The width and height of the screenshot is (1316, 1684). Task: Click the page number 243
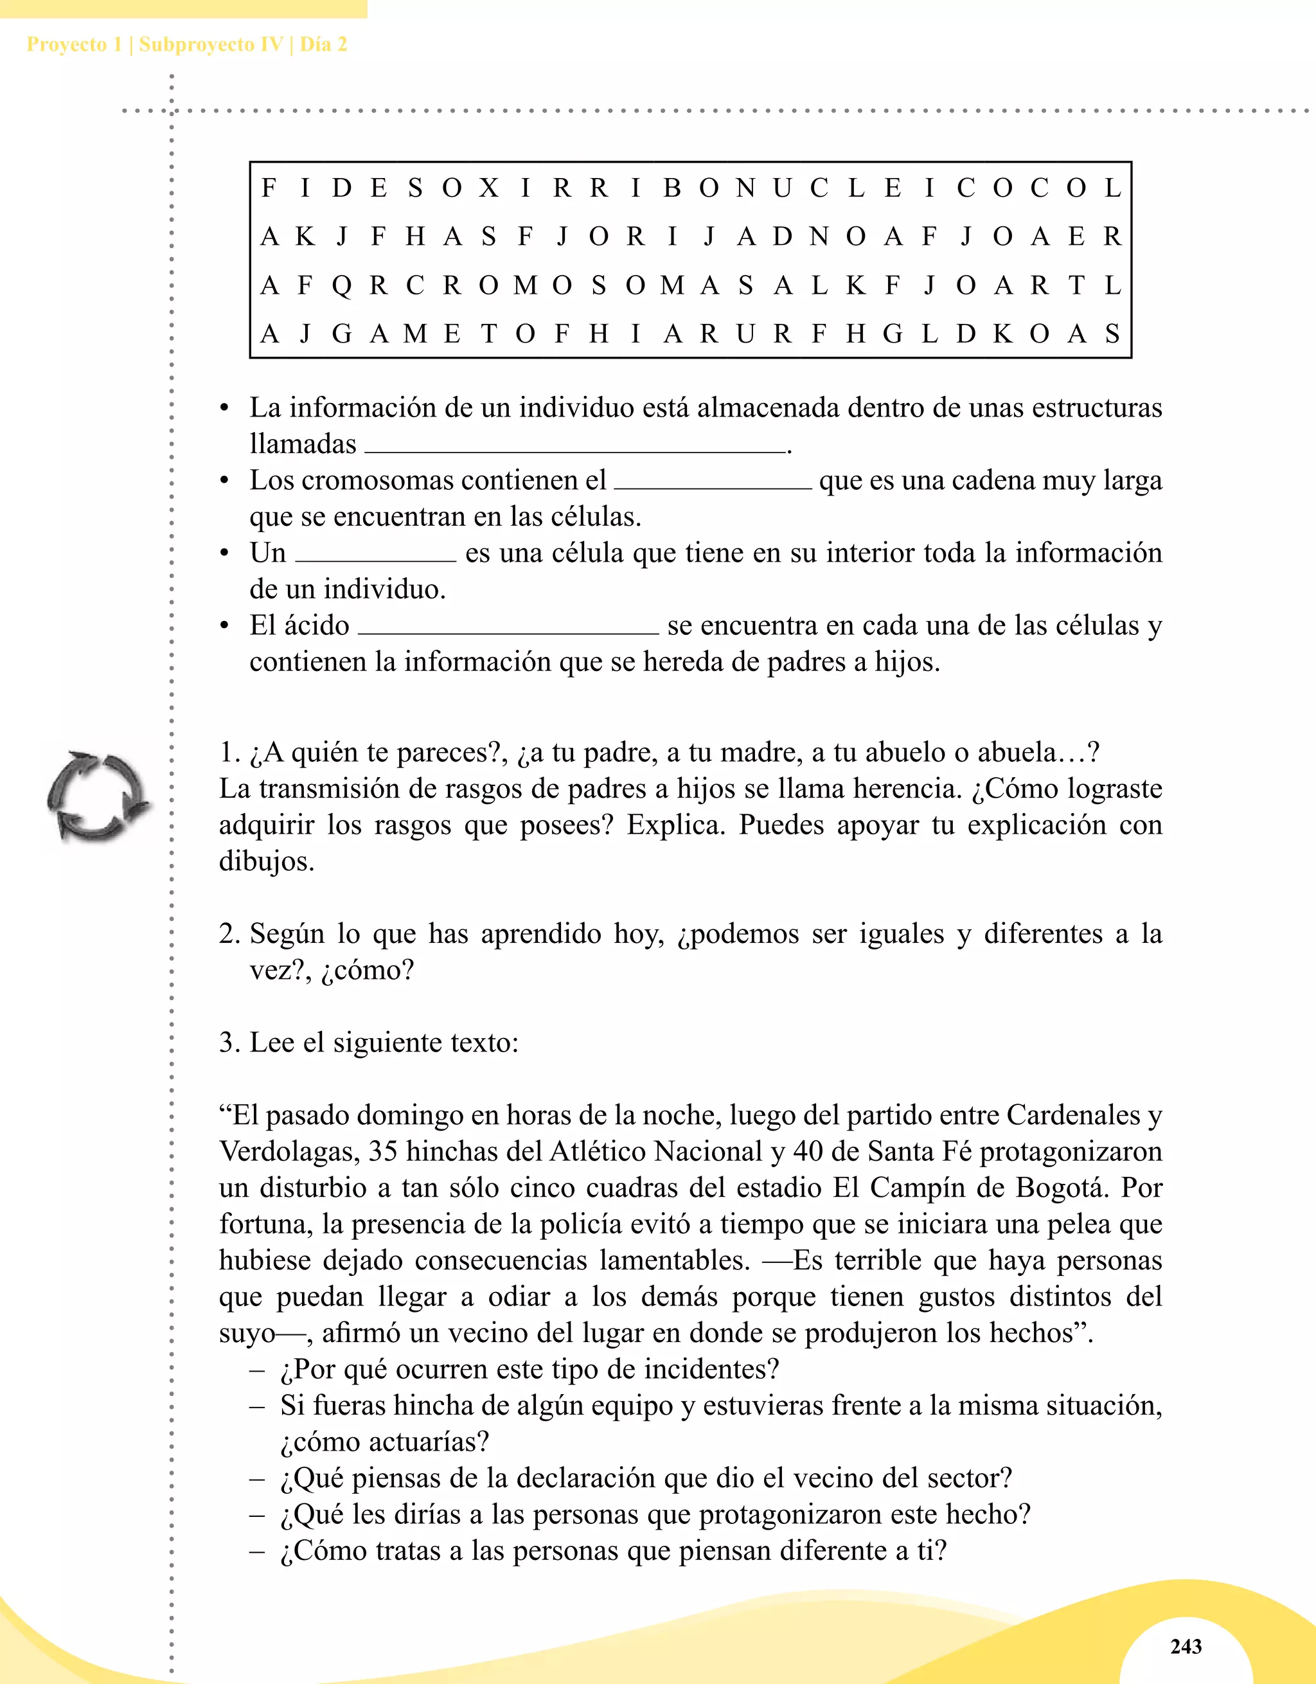(1186, 1646)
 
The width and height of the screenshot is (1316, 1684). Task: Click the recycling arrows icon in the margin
(96, 797)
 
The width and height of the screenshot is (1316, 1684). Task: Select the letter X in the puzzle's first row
(488, 188)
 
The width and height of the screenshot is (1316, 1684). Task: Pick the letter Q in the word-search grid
(341, 287)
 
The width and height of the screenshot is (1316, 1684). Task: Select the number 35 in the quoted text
(382, 1151)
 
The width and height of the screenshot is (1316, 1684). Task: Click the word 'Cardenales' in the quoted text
(1076, 1115)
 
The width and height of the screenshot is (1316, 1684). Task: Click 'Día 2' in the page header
(323, 45)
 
